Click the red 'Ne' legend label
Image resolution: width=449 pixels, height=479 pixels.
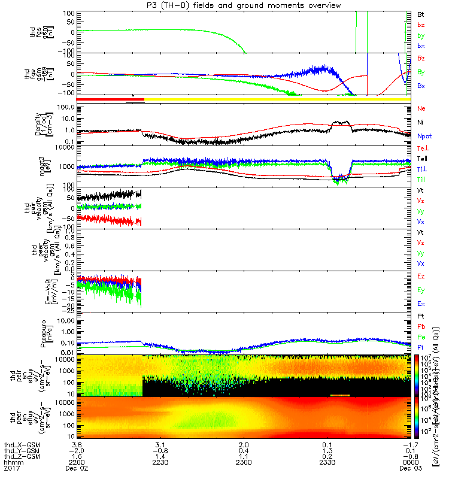click(421, 108)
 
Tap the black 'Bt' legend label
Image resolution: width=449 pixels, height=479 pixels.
click(421, 13)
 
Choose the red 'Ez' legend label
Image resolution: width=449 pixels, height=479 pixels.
click(421, 277)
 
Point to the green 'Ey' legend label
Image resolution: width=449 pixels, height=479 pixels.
click(421, 290)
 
